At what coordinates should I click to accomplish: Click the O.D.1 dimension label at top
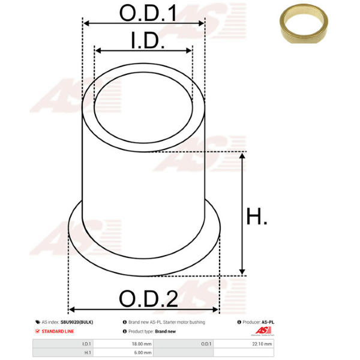148,13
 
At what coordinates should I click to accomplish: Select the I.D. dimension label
148,40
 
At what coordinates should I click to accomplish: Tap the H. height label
256,216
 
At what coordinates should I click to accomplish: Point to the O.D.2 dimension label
148,298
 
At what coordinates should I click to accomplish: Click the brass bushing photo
304,23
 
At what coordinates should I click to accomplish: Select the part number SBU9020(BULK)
77,322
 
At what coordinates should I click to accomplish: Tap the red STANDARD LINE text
58,331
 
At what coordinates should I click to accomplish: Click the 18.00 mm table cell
142,344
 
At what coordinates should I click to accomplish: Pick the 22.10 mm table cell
262,344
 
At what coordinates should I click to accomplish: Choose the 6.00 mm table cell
143,352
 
